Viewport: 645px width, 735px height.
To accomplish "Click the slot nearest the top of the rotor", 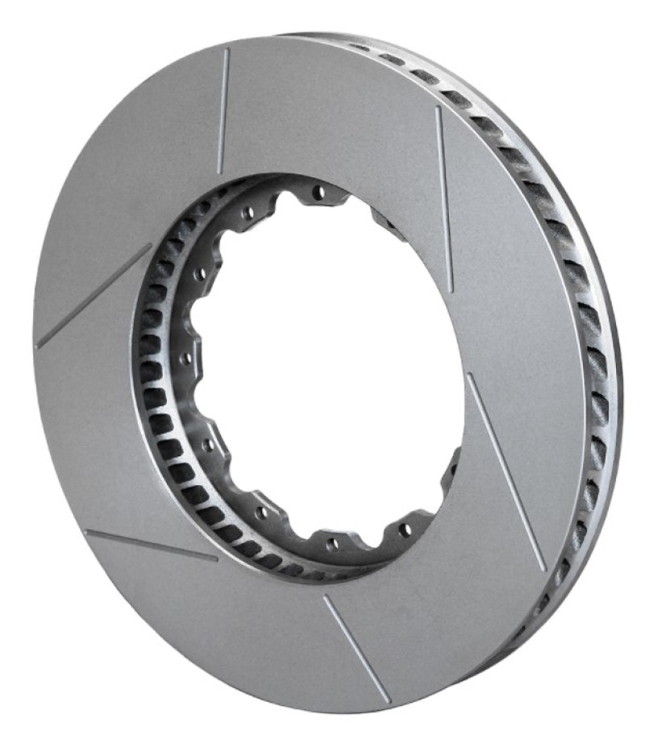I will click(x=223, y=110).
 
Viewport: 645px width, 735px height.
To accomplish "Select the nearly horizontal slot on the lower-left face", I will click(x=151, y=545).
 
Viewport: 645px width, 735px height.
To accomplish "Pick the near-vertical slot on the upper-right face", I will click(x=444, y=198).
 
